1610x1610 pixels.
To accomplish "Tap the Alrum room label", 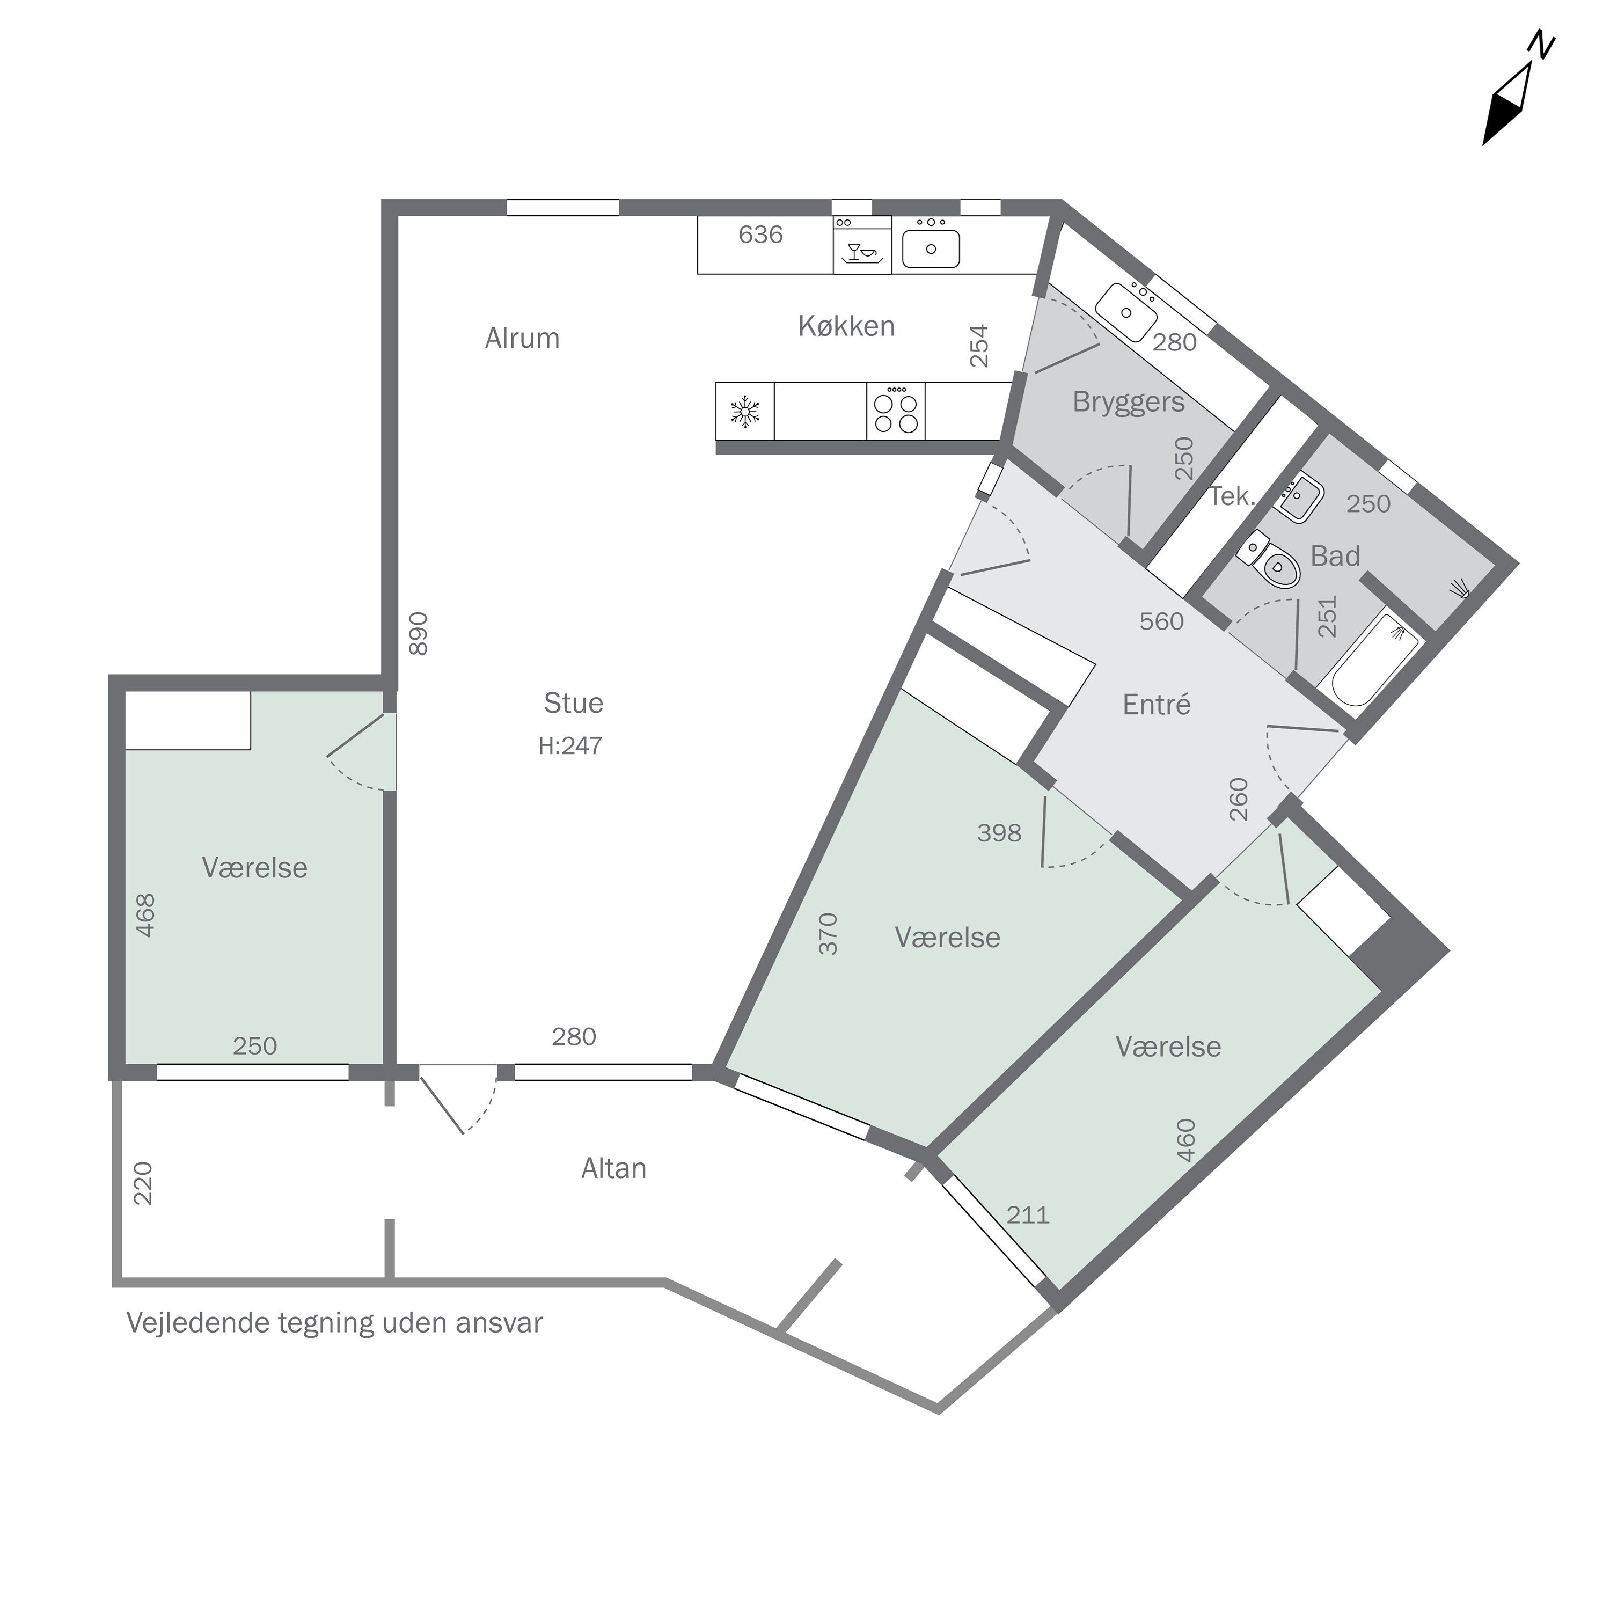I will [523, 338].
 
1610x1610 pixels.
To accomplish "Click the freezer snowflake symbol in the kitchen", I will [745, 412].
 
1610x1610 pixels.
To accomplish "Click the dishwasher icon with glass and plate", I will [862, 251].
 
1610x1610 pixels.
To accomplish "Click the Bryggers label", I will [1128, 401].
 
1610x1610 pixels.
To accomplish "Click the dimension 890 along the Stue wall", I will [419, 633].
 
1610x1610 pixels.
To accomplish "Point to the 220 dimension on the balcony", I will [143, 1183].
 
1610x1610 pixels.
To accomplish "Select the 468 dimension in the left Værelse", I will [146, 915].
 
